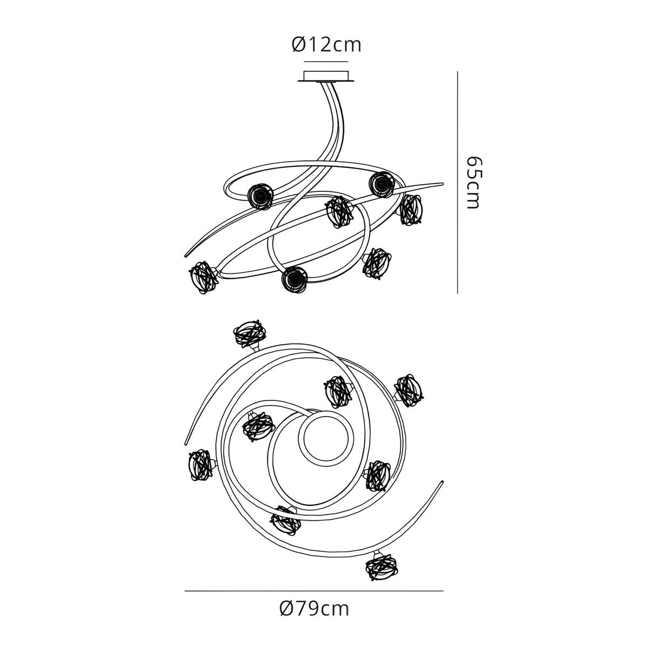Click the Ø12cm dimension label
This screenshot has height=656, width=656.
326,45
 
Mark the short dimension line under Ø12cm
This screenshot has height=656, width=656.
326,62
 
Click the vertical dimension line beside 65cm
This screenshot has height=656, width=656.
457,183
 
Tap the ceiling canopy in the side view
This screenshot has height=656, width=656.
326,76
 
